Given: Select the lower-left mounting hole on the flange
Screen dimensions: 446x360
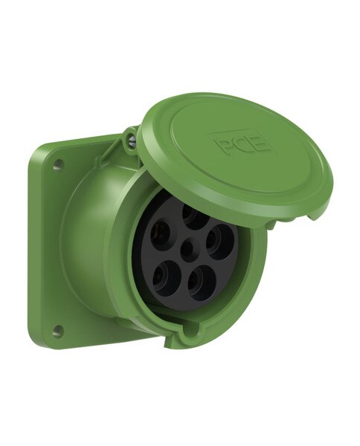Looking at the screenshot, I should (57, 331).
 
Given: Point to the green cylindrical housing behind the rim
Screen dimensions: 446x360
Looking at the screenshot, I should (89, 245).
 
